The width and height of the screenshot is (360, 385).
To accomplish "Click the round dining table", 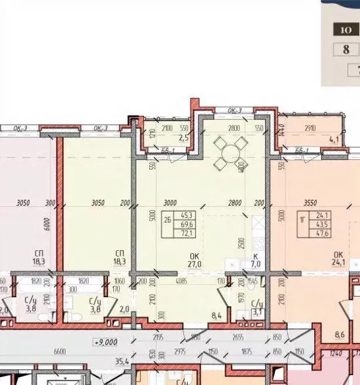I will click(x=231, y=155).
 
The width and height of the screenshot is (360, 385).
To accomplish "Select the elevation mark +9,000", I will click(x=105, y=341).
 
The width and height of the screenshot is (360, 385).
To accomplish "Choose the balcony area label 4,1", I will click(x=334, y=139).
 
